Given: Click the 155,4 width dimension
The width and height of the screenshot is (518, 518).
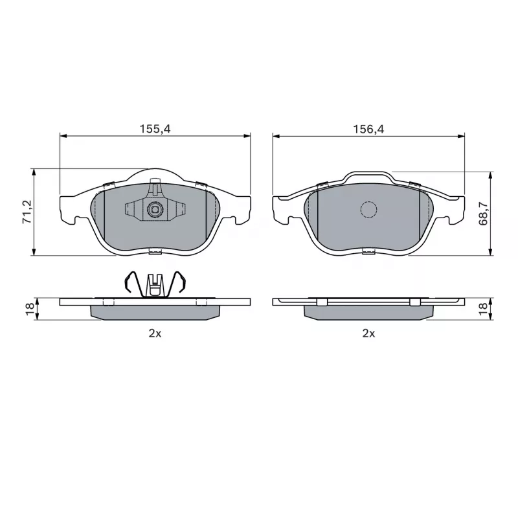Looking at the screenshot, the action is click(155, 129).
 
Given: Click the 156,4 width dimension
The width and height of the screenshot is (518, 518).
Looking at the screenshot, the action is click(368, 129).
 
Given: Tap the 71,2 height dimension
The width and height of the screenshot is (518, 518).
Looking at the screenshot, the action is click(27, 212).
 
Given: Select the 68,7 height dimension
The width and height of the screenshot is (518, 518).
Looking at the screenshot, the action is click(483, 214).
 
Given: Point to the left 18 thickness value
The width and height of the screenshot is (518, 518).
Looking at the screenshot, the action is click(30, 309).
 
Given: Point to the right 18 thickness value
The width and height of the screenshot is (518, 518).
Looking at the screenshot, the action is click(483, 309).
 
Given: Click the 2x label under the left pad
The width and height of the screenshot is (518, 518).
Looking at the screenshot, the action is click(155, 333).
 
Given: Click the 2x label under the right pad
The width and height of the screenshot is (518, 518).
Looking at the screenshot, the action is click(368, 333).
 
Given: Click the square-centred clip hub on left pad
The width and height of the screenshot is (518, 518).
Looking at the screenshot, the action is click(154, 209).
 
